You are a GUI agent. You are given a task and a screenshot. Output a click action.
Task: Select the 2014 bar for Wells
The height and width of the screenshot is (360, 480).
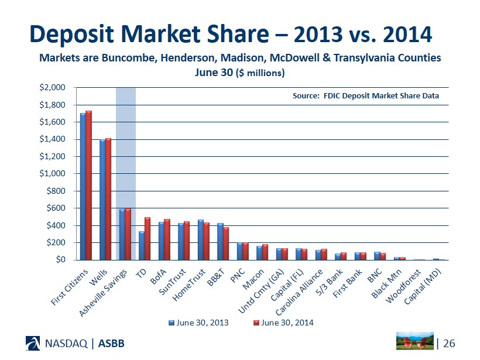[108, 199]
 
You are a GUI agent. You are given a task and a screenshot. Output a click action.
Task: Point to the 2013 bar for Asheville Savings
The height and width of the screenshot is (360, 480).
[122, 234]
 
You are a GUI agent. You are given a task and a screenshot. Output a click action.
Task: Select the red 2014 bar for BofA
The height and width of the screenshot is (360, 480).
[167, 239]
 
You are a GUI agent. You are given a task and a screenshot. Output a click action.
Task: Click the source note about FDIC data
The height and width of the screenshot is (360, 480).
[365, 95]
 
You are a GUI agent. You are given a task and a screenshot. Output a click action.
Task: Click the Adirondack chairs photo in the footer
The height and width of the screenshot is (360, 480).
[415, 341]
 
